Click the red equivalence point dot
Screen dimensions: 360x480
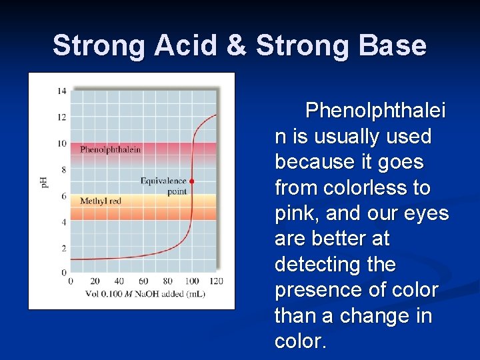pyautogui.click(x=191, y=181)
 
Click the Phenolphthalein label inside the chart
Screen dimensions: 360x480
pyautogui.click(x=110, y=149)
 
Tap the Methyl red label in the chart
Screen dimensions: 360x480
pyautogui.click(x=101, y=201)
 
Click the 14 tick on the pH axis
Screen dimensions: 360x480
pyautogui.click(x=61, y=91)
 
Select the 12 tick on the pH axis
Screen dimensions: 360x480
pyautogui.click(x=61, y=117)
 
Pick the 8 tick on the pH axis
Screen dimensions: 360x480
pyautogui.click(x=63, y=169)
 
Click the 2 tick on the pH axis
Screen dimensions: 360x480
pyautogui.click(x=63, y=248)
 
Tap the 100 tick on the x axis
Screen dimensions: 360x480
pyautogui.click(x=192, y=281)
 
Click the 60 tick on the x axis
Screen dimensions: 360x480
pyautogui.click(x=143, y=281)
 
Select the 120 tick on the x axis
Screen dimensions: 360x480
pyautogui.click(x=216, y=281)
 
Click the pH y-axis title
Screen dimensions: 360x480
pyautogui.click(x=45, y=181)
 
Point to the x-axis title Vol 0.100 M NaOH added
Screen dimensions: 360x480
pyautogui.click(x=145, y=294)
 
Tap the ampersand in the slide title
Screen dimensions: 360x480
pyautogui.click(x=239, y=46)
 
